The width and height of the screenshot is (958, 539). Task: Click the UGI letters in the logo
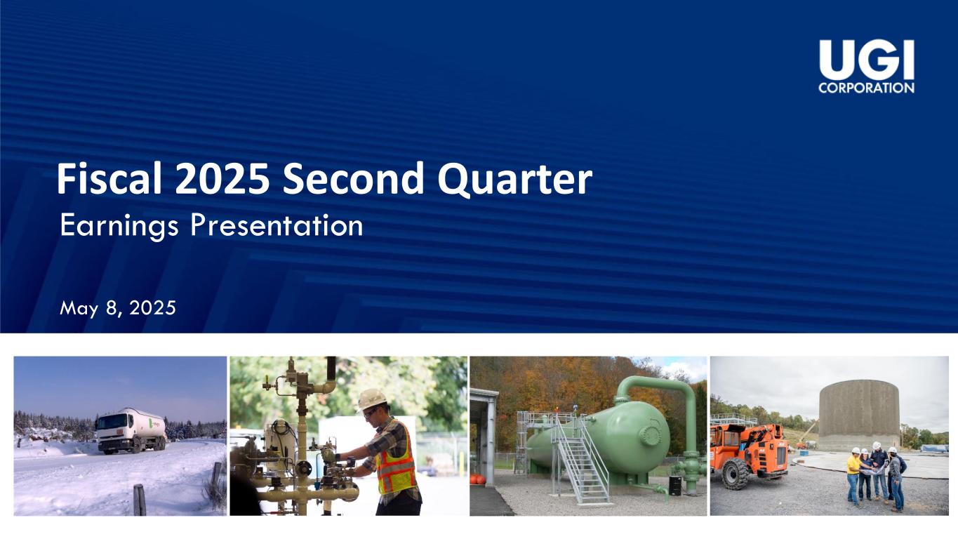pos(867,60)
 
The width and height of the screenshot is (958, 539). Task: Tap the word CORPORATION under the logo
pos(867,88)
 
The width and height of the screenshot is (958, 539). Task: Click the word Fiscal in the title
pos(109,178)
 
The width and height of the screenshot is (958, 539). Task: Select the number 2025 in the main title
pos(222,178)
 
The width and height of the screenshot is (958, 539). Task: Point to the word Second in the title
pos(353,178)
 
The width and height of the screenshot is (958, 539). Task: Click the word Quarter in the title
pos(514,180)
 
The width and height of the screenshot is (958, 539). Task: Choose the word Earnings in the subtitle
pos(119,227)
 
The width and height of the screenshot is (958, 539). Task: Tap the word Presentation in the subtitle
pos(277,225)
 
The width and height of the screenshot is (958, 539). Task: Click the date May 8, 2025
pos(118,308)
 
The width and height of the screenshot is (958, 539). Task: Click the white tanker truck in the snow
pos(131,431)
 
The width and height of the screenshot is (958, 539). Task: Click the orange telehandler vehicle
pos(750,454)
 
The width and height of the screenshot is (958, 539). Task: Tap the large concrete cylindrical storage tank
pos(859,415)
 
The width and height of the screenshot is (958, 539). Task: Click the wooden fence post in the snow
pos(140,500)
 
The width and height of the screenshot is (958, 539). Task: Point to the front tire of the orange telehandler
pos(736,474)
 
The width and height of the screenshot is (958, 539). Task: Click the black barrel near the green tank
pos(675,486)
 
